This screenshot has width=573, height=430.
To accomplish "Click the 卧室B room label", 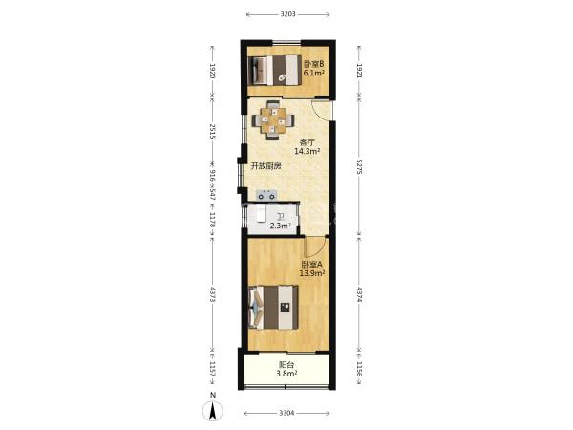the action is (313, 64).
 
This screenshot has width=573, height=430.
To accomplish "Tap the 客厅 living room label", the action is (307, 141).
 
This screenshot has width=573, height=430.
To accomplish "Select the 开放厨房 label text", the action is (265, 166).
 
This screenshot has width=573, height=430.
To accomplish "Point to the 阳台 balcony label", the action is (286, 365).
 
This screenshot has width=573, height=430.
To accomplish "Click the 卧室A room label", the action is (311, 264).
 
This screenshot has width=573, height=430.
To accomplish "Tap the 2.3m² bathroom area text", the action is (280, 226).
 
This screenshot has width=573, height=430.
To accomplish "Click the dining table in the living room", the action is (272, 120).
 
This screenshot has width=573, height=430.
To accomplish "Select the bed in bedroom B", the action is (274, 70).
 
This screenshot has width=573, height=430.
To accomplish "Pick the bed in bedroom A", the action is (273, 307).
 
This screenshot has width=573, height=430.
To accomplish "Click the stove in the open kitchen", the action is (266, 195).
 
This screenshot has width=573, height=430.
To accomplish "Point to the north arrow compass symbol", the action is (213, 410).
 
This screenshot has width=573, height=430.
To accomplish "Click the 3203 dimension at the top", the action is (288, 14).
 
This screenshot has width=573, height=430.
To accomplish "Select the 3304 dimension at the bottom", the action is (286, 413).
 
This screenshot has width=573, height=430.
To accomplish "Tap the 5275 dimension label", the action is (359, 166).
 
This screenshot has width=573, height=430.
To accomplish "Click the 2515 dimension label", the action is (213, 131).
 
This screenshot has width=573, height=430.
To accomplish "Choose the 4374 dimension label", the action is (359, 294).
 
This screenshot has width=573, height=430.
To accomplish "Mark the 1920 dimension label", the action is (213, 71).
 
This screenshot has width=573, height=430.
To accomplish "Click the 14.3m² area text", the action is (308, 151).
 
